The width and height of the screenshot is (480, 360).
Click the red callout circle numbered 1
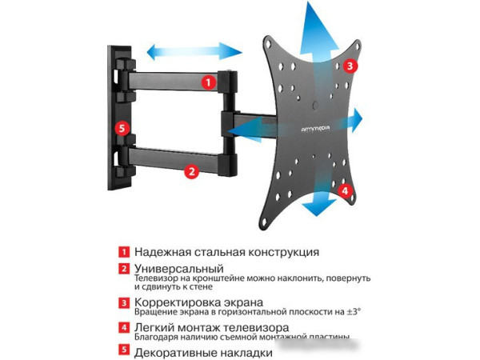pos(208,82)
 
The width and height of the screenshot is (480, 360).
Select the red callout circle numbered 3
pos(352,66)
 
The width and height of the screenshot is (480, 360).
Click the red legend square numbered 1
pos(124,251)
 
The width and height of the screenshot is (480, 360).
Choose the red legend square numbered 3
pos(124,303)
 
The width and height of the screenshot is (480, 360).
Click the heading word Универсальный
pos(178,268)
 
